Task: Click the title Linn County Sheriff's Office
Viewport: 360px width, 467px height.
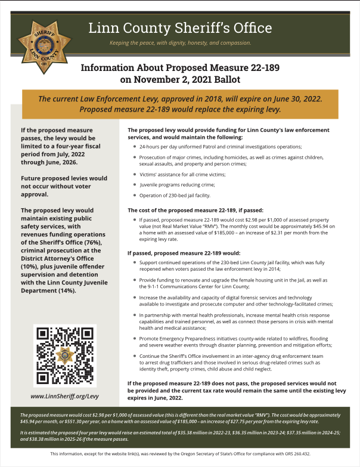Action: pyautogui.click(x=180, y=28)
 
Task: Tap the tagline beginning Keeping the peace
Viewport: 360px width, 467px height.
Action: pyautogui.click(x=180, y=43)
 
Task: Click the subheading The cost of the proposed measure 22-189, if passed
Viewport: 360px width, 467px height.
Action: pyautogui.click(x=202, y=210)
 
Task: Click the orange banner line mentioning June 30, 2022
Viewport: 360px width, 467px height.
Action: pyautogui.click(x=184, y=99)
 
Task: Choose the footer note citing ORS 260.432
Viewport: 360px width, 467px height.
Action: pyautogui.click(x=180, y=454)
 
